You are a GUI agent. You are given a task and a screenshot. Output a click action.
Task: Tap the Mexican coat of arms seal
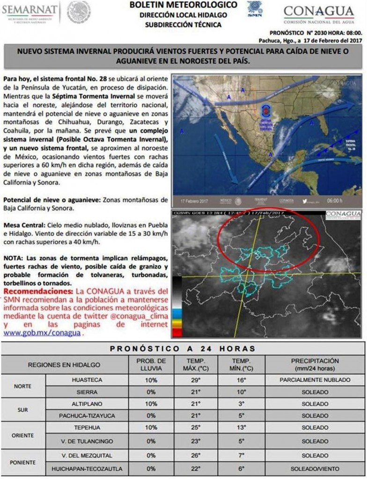click(78, 12)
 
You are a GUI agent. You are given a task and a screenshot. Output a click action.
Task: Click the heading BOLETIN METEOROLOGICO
click(183, 5)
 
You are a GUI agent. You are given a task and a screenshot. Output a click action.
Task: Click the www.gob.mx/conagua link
click(42, 333)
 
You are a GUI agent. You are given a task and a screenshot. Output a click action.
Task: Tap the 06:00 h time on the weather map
click(334, 200)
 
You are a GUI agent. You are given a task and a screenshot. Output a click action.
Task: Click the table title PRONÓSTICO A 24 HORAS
click(183, 348)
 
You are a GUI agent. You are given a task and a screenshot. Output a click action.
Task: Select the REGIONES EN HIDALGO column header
click(64, 365)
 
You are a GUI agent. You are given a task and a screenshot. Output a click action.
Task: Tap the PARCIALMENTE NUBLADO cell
click(315, 380)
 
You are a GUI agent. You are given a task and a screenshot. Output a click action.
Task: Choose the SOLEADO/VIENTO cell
click(315, 469)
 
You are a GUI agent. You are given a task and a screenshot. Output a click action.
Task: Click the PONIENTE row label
click(23, 462)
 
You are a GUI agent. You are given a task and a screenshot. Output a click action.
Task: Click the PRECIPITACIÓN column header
click(315, 364)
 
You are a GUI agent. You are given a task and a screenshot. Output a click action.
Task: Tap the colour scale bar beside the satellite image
click(177, 307)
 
